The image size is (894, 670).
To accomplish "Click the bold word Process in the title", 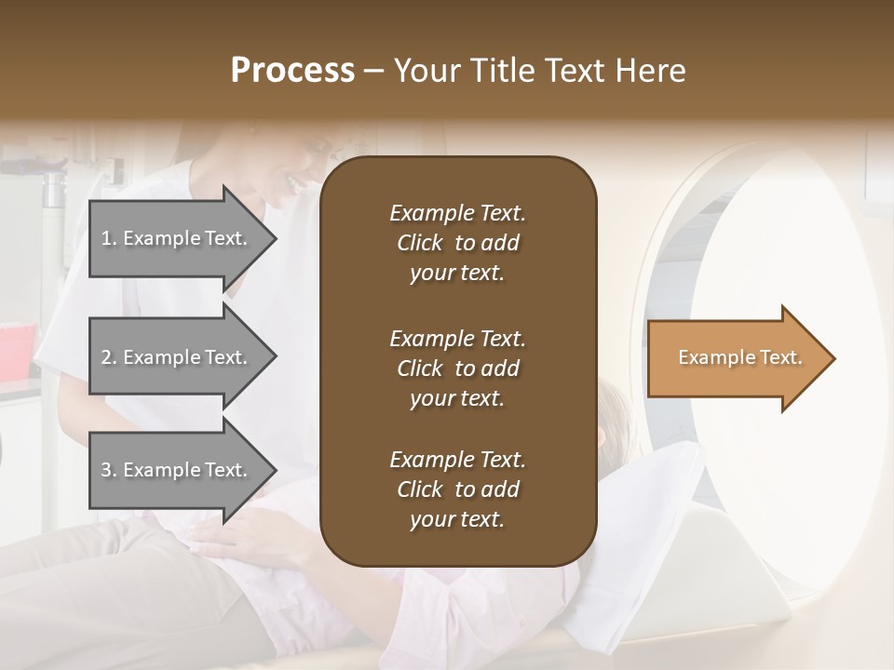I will click(292, 71).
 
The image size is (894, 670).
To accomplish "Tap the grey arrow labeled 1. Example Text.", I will click(177, 238).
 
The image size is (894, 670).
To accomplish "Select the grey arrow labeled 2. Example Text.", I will click(177, 357).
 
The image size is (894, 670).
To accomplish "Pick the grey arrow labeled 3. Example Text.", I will click(177, 470).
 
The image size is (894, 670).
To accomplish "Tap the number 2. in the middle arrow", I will click(109, 357).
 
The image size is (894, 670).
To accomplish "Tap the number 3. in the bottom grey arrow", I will click(109, 470).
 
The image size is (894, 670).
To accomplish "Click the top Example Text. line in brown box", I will click(457, 213).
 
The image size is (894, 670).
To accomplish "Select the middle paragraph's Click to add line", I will click(457, 368).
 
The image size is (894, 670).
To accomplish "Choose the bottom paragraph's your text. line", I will click(457, 520).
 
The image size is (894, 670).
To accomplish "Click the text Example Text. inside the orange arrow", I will click(739, 357).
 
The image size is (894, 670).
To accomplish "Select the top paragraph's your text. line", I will click(457, 274).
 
